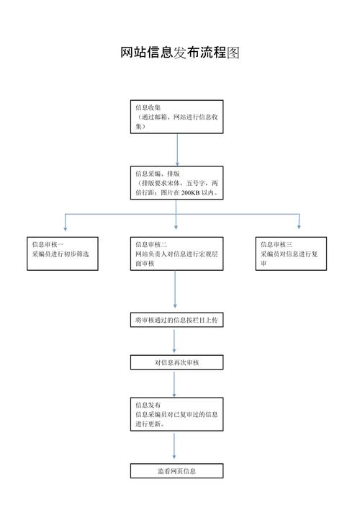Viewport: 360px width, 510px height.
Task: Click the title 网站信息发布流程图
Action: pyautogui.click(x=180, y=53)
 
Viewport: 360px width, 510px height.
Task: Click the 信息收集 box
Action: pyautogui.click(x=176, y=117)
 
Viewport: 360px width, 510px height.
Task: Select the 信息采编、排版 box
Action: pyautogui.click(x=176, y=183)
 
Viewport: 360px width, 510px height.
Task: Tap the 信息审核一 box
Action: pyautogui.click(x=63, y=254)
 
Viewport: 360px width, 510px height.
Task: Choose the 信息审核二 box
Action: pyautogui.click(x=176, y=254)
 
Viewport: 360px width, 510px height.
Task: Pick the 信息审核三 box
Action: pyautogui.click(x=291, y=254)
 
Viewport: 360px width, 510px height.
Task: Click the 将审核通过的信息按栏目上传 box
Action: pyautogui.click(x=176, y=320)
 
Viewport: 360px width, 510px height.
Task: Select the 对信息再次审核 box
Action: pyautogui.click(x=176, y=362)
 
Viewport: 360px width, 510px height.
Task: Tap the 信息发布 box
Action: pyautogui.click(x=176, y=414)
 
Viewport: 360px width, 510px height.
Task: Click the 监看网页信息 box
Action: pyautogui.click(x=176, y=471)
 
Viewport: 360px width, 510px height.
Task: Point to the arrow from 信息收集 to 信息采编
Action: pyautogui.click(x=177, y=150)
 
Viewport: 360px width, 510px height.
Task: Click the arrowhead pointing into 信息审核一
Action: pyautogui.click(x=65, y=228)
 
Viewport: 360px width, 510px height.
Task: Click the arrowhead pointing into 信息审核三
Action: pyautogui.click(x=299, y=227)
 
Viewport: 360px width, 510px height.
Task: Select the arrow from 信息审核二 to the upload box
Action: pyautogui.click(x=175, y=290)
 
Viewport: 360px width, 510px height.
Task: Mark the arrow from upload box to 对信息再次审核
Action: pyautogui.click(x=174, y=341)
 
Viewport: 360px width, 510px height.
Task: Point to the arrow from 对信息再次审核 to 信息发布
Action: pyautogui.click(x=174, y=385)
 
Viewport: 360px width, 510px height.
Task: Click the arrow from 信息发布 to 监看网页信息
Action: pyautogui.click(x=174, y=446)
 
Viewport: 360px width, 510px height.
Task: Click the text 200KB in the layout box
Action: pyautogui.click(x=190, y=193)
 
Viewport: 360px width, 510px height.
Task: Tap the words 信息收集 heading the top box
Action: pyautogui.click(x=148, y=107)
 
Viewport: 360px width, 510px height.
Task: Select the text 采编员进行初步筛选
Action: pyautogui.click(x=60, y=254)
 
